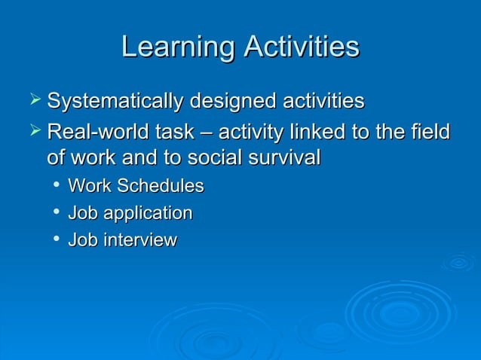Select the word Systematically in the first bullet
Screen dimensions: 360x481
click(115, 101)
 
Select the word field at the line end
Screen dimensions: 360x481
click(432, 133)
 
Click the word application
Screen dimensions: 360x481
click(146, 214)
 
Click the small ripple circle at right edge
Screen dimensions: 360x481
click(458, 262)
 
